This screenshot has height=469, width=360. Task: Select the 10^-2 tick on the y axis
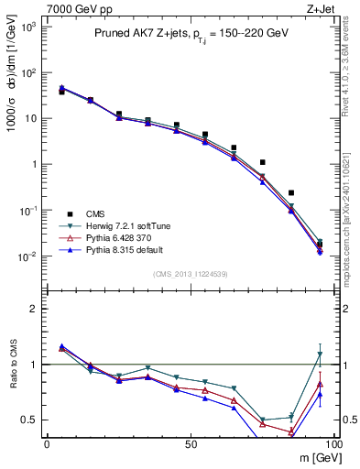point(28,256)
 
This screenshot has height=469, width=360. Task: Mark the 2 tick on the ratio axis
point(35,309)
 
